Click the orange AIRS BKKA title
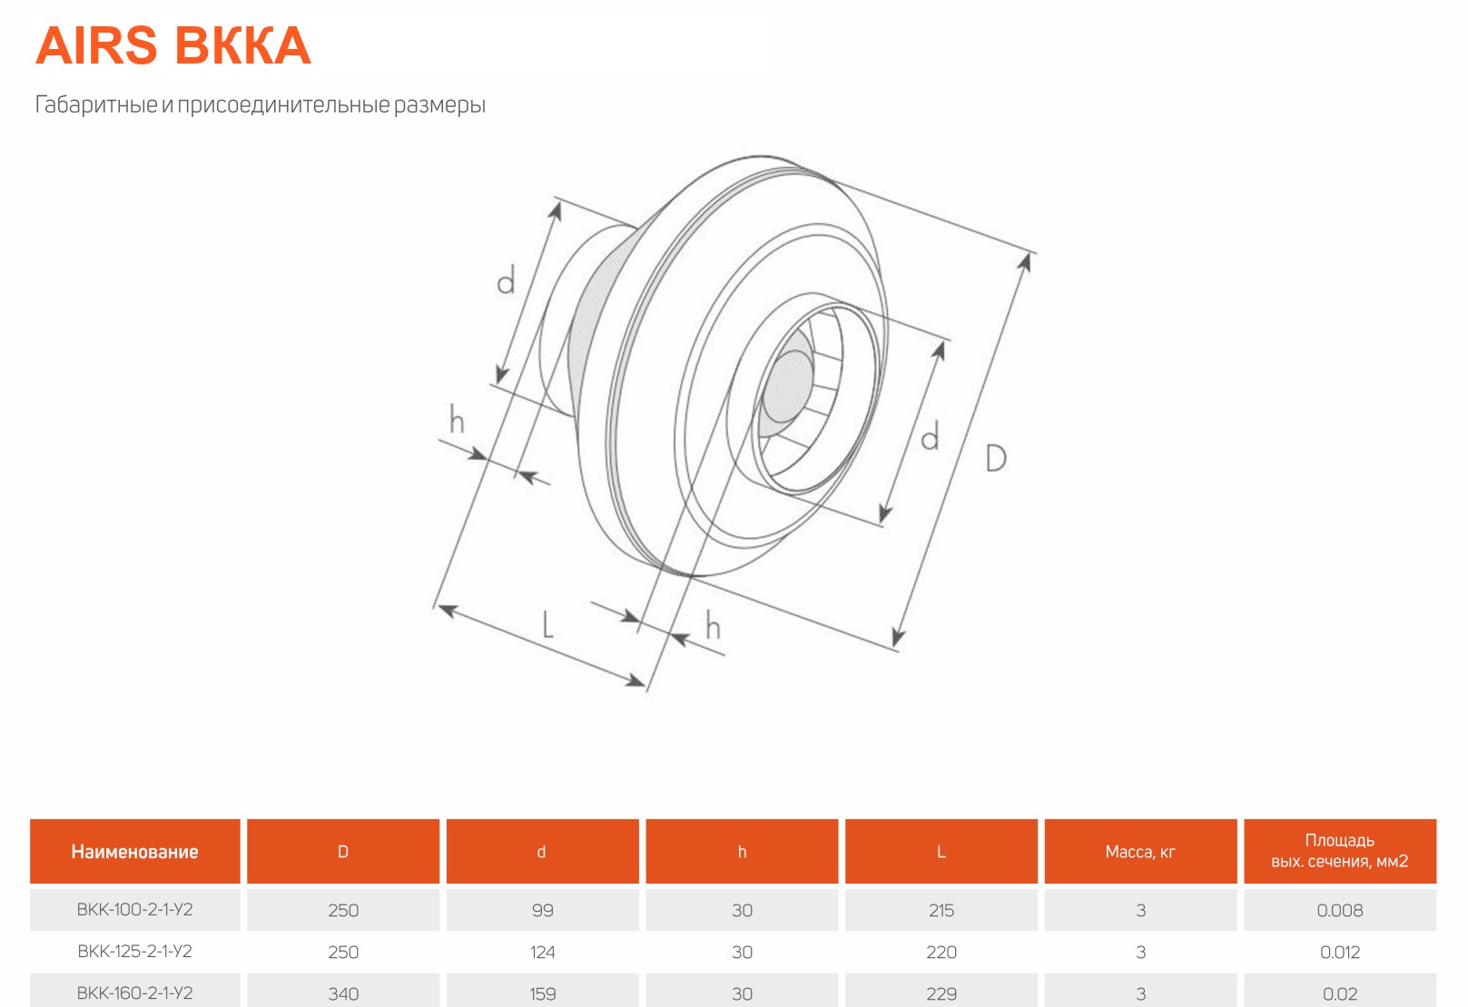[x=173, y=46]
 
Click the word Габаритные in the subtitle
[x=96, y=104]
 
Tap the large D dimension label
[x=996, y=457]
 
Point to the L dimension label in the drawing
[x=547, y=624]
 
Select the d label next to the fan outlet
[x=930, y=435]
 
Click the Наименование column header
[x=135, y=852]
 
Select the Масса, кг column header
[x=1140, y=852]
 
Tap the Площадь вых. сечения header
[x=1340, y=851]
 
